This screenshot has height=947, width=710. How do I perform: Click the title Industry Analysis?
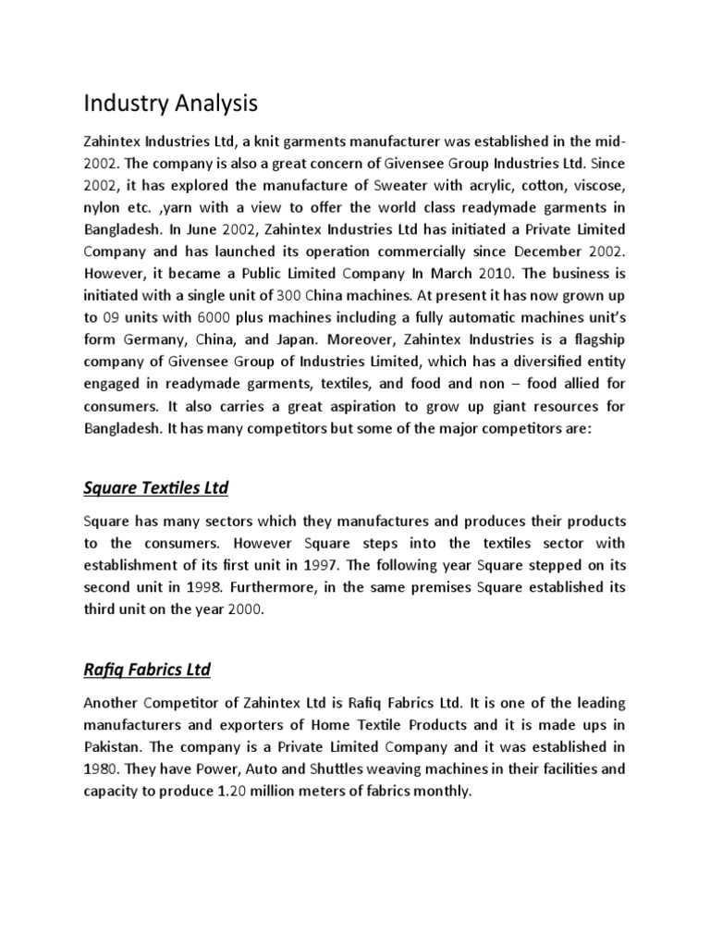point(171,104)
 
